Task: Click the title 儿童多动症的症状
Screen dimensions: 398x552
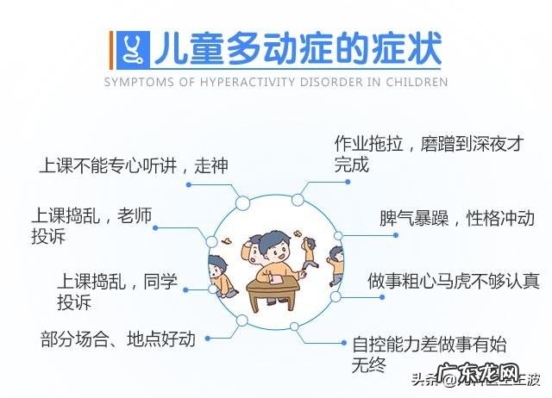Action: pos(298,49)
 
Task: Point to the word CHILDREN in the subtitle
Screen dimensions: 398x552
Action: pos(417,83)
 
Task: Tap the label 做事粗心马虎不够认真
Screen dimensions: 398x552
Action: pos(453,281)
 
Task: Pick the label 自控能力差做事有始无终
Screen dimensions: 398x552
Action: pos(429,352)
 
